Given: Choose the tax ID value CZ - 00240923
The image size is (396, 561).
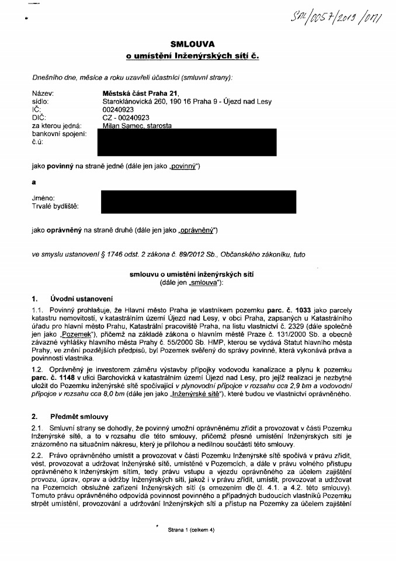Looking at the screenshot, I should pyautogui.click(x=126, y=117).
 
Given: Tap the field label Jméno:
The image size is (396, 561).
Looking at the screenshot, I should pyautogui.click(x=44, y=198).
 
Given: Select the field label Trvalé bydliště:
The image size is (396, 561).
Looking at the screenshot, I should pyautogui.click(x=55, y=206).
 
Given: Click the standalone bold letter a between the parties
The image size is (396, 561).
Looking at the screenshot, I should pyautogui.click(x=34, y=182).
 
